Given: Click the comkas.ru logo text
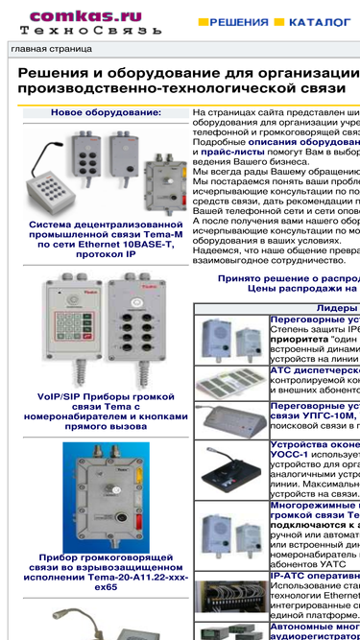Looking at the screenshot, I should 85,16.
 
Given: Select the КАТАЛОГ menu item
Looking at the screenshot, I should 320,20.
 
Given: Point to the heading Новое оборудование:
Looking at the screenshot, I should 106,113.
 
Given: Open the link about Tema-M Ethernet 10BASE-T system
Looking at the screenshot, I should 106,244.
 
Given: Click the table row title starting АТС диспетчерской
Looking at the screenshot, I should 315,369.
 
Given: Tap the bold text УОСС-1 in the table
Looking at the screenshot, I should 288,455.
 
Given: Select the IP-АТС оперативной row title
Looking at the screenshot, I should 315,576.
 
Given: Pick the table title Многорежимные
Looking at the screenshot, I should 315,504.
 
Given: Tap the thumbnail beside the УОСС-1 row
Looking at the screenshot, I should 230,469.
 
